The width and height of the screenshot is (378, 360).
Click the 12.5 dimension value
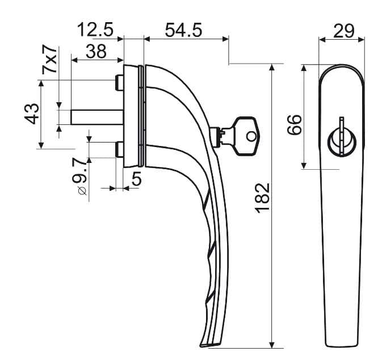coord(95,30)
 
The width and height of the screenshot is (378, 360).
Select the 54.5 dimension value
coord(183,31)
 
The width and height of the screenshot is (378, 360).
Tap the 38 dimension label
coord(96,51)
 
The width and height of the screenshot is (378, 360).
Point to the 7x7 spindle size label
coord(49,59)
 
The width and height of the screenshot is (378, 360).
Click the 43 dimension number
coord(32,114)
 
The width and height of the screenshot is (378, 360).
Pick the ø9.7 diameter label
coord(79,176)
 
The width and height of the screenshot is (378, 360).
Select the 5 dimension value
coord(136,179)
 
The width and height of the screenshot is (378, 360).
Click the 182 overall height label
coord(262,198)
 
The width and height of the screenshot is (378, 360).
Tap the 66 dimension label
coord(295,125)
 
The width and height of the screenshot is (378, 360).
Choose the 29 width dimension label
coord(344,31)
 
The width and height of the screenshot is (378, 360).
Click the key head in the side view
coord(247,136)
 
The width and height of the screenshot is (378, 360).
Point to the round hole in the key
coord(251,137)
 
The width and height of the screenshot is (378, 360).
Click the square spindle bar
coord(97,117)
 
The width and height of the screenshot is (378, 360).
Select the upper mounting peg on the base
coord(119,83)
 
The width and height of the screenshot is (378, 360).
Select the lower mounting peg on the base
coord(119,150)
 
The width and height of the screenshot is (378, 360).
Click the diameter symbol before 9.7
coord(82,191)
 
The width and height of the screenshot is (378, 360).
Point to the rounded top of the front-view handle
coord(342,66)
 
